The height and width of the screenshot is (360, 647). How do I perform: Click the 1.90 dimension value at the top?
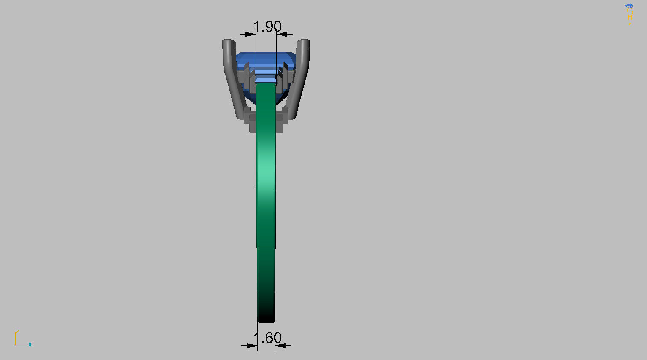267,27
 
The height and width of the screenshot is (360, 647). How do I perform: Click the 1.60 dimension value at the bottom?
267,338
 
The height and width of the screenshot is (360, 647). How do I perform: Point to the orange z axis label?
18,331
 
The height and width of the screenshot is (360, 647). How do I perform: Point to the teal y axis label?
30,344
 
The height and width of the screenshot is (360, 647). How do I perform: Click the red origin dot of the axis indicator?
16,345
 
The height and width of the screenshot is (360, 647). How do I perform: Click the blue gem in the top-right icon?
629,6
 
